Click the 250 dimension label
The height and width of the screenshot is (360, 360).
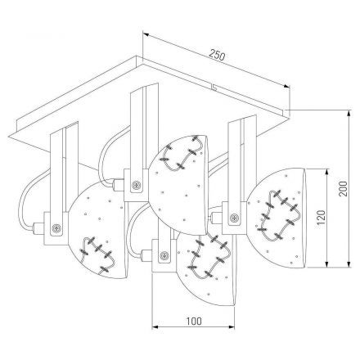(218, 55)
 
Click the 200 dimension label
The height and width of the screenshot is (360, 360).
(343, 188)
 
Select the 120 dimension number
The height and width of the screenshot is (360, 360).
(322, 217)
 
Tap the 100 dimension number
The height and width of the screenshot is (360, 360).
(194, 321)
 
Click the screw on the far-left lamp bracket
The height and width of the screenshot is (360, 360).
(56, 227)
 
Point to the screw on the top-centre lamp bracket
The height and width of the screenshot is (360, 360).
(136, 186)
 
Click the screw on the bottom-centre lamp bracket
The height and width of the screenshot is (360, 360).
(164, 255)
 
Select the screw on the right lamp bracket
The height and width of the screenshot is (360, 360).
(234, 218)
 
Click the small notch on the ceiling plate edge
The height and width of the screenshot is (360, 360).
(214, 88)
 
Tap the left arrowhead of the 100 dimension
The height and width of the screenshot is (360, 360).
(155, 326)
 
